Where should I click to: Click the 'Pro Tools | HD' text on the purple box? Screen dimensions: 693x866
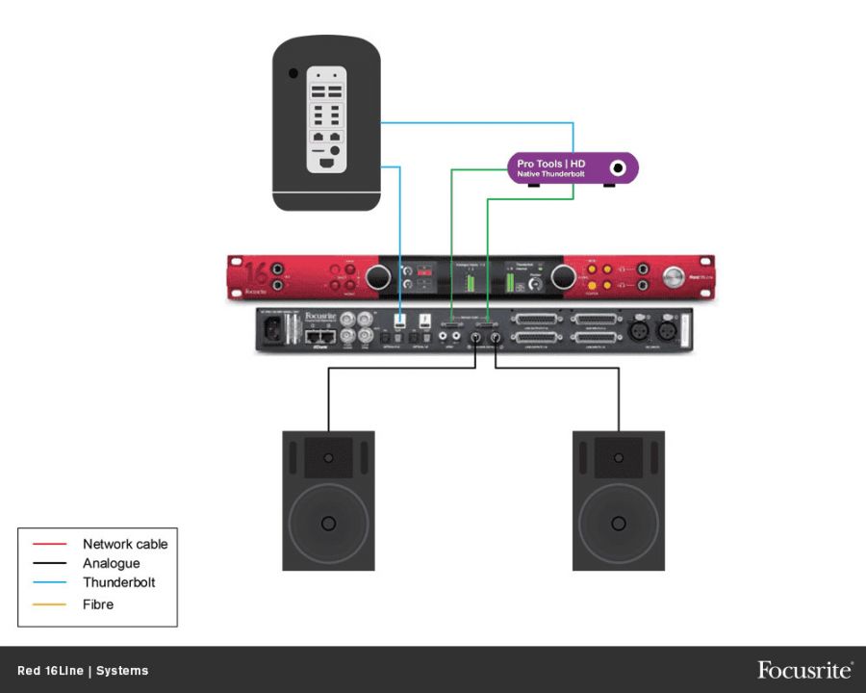(x=550, y=164)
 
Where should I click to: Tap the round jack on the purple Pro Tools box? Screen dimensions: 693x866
(x=618, y=168)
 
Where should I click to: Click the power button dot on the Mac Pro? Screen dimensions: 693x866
(x=293, y=73)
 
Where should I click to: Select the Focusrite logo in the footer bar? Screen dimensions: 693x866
(x=804, y=670)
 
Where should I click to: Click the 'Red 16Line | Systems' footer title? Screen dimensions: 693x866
(x=83, y=671)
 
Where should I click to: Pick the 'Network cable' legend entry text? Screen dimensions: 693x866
(x=125, y=544)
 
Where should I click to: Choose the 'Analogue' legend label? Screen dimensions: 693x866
(x=111, y=563)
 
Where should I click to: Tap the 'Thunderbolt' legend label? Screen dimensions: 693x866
(x=118, y=582)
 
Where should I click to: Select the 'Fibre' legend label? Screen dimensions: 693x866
(x=98, y=604)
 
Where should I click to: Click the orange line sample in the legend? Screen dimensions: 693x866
(x=49, y=604)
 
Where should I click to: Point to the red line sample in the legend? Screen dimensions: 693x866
(x=49, y=544)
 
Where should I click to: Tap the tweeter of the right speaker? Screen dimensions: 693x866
(x=619, y=456)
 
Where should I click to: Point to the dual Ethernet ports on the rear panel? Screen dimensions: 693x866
(x=320, y=337)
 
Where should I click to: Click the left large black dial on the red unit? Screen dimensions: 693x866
(x=380, y=277)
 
